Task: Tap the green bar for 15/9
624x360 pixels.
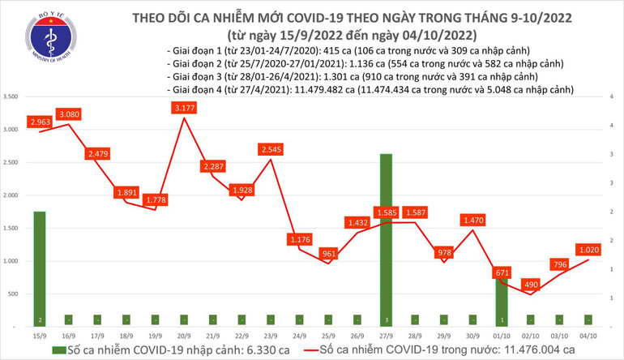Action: pyautogui.click(x=39, y=268)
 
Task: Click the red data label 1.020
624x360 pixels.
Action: pyautogui.click(x=589, y=250)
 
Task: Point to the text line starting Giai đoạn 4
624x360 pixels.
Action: pyautogui.click(x=369, y=90)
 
